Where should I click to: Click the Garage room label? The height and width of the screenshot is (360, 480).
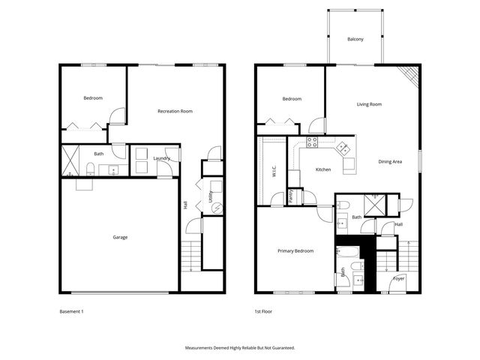120,237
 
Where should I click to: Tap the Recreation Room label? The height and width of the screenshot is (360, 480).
175,111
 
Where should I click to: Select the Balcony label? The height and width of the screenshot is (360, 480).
355,39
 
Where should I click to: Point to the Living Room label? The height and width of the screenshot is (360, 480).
369,104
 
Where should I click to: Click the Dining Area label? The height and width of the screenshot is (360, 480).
390,161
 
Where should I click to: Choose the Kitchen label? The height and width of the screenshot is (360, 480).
323,169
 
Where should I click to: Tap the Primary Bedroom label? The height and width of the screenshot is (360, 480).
295,250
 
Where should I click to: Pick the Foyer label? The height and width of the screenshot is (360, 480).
399,279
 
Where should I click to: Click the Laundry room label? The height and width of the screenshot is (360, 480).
161,158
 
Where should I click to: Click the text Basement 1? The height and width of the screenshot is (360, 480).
72,310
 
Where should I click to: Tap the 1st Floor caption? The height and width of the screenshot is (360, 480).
265,310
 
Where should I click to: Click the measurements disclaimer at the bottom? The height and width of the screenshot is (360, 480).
240,348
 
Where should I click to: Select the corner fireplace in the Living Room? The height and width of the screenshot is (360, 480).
409,73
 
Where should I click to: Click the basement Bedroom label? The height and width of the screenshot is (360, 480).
93,98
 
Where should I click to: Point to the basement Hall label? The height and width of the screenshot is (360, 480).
185,204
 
